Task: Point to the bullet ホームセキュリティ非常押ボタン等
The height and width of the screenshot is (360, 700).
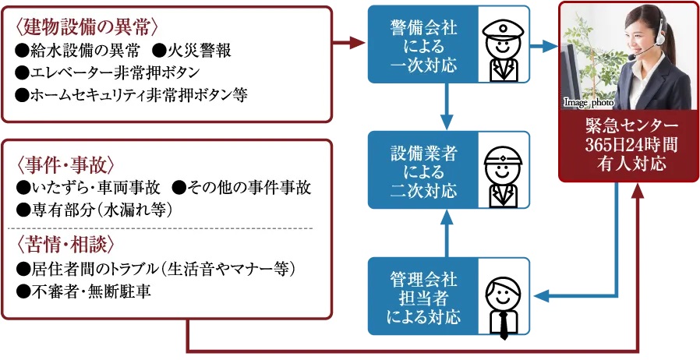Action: tap(131, 95)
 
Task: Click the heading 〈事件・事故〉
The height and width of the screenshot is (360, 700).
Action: tap(65, 164)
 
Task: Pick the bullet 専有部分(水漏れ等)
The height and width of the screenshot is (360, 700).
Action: tap(94, 210)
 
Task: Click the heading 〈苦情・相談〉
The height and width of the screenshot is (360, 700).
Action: tap(65, 245)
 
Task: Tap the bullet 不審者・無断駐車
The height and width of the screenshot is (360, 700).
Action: tap(83, 291)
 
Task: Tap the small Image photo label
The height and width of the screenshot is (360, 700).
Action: tap(589, 103)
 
